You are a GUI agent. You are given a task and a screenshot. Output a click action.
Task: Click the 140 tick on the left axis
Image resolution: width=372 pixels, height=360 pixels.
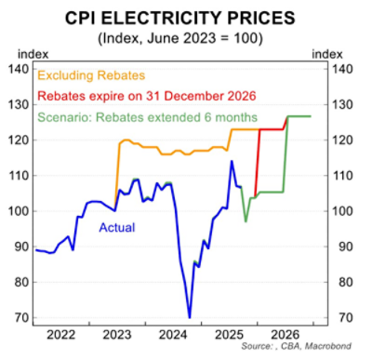point(18,69)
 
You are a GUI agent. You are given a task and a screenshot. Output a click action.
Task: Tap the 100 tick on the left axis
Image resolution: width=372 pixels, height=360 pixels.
point(18,211)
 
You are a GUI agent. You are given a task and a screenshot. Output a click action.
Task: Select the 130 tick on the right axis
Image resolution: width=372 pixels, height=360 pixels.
point(345,104)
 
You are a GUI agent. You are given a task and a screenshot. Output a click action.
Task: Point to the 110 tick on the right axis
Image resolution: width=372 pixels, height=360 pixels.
point(345,176)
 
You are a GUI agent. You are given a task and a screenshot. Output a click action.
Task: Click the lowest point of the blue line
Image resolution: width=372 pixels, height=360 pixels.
point(190,317)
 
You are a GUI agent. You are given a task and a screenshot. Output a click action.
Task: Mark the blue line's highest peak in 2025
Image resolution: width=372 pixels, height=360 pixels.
point(232,161)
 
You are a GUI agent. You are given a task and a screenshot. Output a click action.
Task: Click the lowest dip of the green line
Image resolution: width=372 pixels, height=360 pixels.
point(246,221)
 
